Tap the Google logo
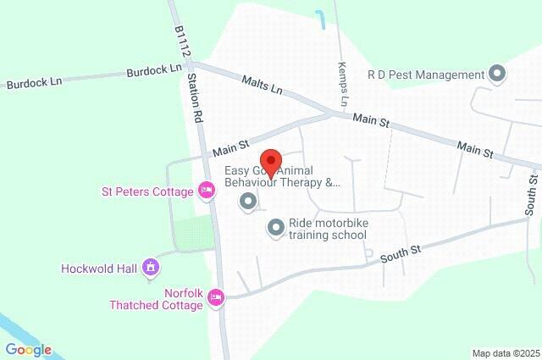pyautogui.click(x=28, y=350)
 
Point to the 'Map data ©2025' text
pyautogui.click(x=505, y=353)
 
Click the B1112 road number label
pyautogui.click(x=180, y=42)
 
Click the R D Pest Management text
pyautogui.click(x=426, y=75)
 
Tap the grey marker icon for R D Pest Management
pyautogui.click(x=498, y=75)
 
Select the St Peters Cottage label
pyautogui.click(x=148, y=191)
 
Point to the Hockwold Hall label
pyautogui.click(x=99, y=269)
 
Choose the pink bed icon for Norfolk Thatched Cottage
pyautogui.click(x=217, y=297)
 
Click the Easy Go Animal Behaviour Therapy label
pyautogui.click(x=281, y=175)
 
